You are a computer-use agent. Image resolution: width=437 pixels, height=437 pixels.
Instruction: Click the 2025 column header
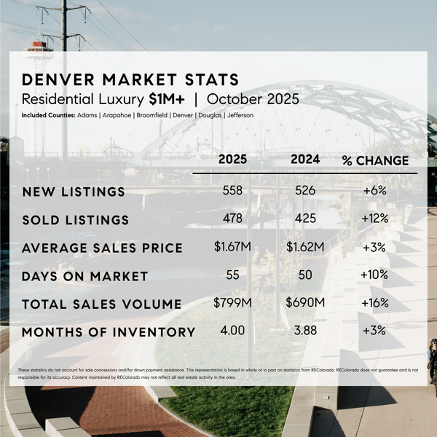pyautogui.click(x=232, y=160)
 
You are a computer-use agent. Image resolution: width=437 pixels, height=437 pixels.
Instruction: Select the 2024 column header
pyautogui.click(x=305, y=160)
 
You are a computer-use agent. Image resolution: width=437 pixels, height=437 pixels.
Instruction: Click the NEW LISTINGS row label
pyautogui.click(x=74, y=192)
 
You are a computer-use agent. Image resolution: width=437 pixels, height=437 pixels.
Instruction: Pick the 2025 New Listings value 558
pyautogui.click(x=232, y=192)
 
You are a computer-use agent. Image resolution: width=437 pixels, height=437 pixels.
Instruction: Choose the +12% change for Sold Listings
pyautogui.click(x=374, y=219)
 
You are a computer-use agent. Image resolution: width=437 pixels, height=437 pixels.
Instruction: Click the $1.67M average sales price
pyautogui.click(x=232, y=247)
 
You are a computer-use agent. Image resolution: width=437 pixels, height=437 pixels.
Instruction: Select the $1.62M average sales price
pyautogui.click(x=305, y=248)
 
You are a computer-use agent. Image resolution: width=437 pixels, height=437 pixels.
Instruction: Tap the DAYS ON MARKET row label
pyautogui.click(x=84, y=276)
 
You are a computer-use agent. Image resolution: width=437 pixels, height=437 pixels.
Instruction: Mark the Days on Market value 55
pyautogui.click(x=232, y=275)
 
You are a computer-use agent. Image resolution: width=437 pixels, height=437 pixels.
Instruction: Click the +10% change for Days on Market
pyautogui.click(x=374, y=275)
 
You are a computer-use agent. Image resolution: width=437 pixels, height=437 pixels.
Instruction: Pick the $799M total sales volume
pyautogui.click(x=232, y=303)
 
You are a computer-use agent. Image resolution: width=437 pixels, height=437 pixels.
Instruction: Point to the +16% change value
pyautogui.click(x=374, y=303)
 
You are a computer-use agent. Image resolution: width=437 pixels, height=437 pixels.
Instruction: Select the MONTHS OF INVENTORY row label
pyautogui.click(x=109, y=332)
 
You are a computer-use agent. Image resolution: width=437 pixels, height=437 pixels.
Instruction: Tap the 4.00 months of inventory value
pyautogui.click(x=232, y=331)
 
